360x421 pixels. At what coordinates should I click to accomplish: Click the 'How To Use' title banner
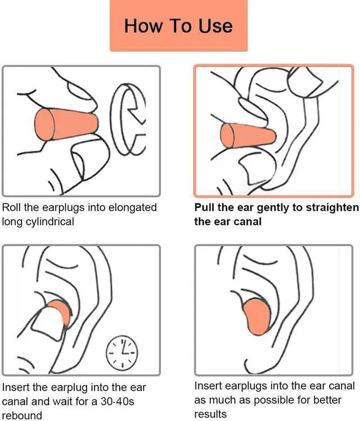[178, 26]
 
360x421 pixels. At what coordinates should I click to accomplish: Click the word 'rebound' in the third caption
[22, 415]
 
